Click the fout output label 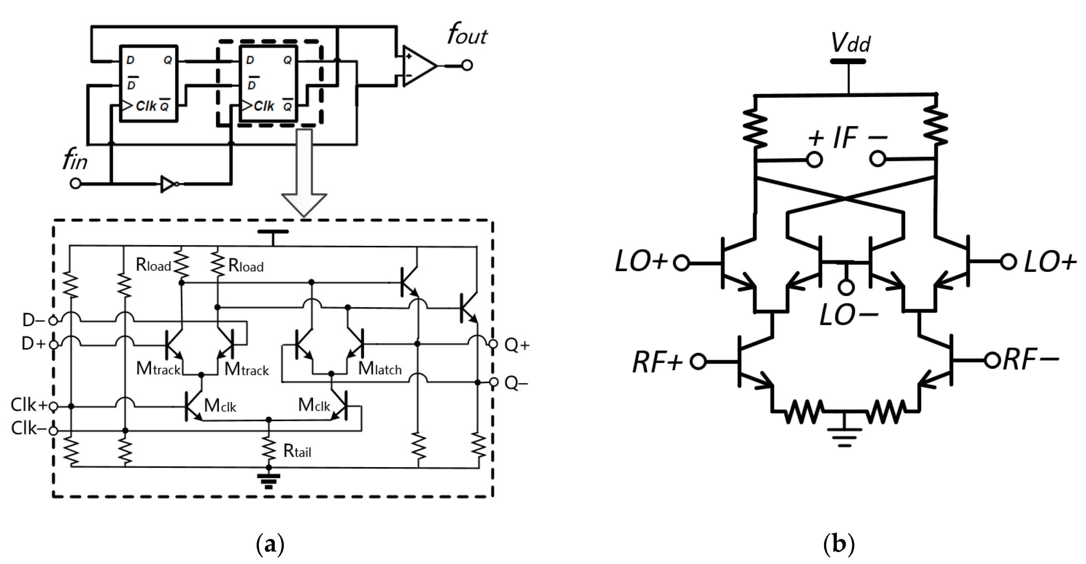coord(467,35)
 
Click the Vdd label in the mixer coord(850,43)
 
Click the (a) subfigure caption coord(270,545)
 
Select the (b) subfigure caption coord(838,545)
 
